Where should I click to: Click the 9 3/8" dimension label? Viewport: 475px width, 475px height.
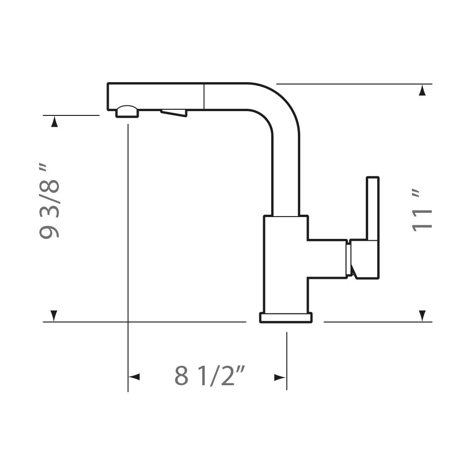[48, 201]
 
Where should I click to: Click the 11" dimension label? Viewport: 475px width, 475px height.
[422, 211]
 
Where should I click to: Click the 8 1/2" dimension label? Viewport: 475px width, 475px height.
[209, 375]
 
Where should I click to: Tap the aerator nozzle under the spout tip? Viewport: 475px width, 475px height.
[127, 111]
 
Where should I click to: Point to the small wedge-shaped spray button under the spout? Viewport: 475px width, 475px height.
[174, 113]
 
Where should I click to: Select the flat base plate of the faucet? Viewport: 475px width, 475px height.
[286, 318]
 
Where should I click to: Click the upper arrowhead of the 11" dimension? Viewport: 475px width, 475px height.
[422, 90]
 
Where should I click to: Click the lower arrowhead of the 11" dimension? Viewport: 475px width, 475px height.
[422, 316]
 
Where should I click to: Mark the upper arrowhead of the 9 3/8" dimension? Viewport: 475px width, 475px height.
[54, 122]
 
